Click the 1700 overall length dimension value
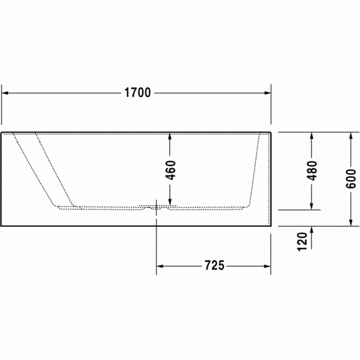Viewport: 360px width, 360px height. pyautogui.click(x=137, y=93)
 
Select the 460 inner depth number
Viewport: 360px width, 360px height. pyautogui.click(x=170, y=170)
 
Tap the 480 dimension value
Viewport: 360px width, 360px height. pyautogui.click(x=312, y=170)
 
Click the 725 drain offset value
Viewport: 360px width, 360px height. pyautogui.click(x=214, y=266)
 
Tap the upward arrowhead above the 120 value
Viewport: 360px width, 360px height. pyautogui.click(x=312, y=230)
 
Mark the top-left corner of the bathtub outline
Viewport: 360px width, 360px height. pyautogui.click(x=2, y=133)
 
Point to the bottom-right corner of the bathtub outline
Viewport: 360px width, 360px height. pyautogui.click(x=271, y=225)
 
